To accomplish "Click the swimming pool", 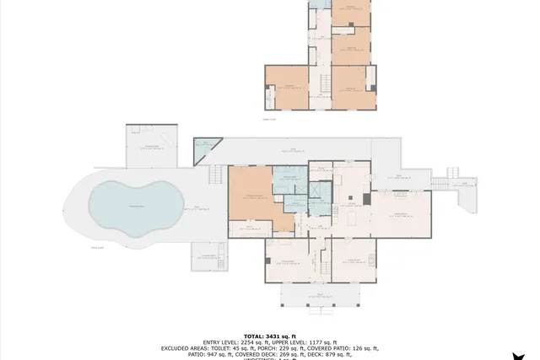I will pos(136,203).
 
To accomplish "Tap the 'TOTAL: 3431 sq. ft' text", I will pos(270,336).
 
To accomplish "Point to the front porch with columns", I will pos(320,295).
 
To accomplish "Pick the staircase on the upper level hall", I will pos(321,82).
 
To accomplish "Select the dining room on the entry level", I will pos(288,257).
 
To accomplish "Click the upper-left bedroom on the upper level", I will pos(288,88).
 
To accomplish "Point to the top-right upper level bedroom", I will pos(350,13).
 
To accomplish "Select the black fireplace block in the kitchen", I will pos(365,200).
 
